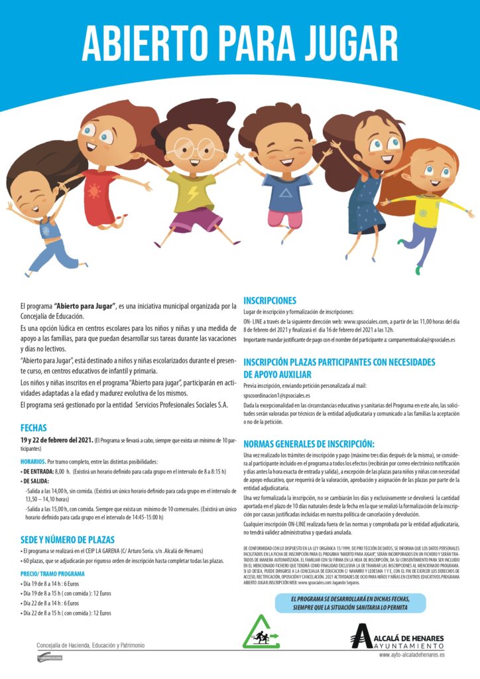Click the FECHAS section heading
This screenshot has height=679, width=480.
(33, 428)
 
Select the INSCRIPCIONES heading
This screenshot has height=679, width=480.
(269, 300)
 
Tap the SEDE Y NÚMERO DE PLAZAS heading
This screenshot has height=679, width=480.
(68, 539)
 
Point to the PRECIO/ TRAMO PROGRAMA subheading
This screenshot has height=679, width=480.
(52, 573)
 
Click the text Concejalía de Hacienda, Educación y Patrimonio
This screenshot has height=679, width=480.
(90, 645)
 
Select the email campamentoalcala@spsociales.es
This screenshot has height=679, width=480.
(414, 339)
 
